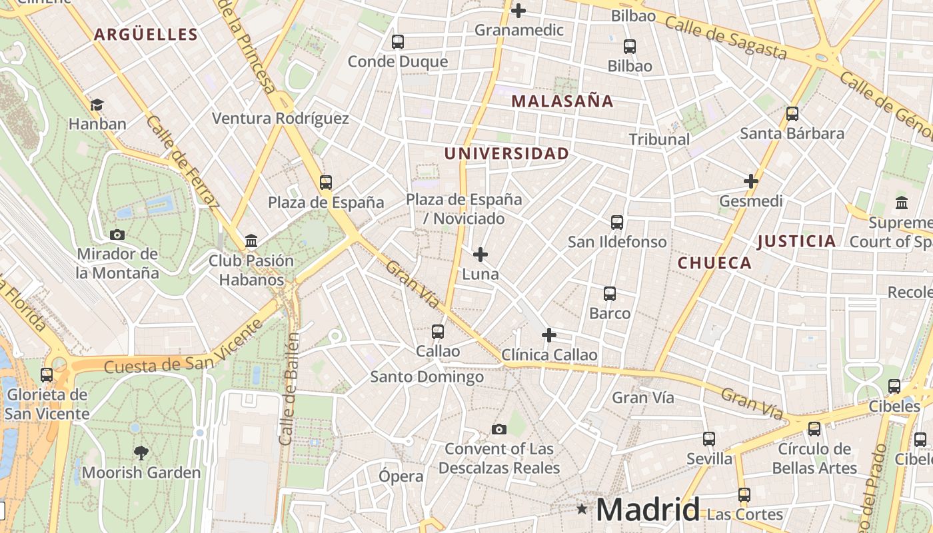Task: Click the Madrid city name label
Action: tap(647, 510)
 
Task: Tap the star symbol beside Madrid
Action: tap(582, 510)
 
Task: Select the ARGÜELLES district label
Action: tap(146, 35)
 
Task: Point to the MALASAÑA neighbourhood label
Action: tap(562, 101)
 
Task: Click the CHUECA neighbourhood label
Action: tap(714, 263)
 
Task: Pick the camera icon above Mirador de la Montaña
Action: tap(117, 235)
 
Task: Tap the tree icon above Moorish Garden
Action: tap(141, 453)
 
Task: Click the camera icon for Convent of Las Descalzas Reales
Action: tap(498, 429)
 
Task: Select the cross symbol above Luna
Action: tap(480, 255)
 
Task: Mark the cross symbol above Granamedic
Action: tap(518, 11)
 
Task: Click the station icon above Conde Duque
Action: tap(398, 42)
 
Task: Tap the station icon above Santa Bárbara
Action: tap(792, 114)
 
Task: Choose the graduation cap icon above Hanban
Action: tap(97, 105)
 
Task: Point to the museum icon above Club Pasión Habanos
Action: tap(251, 241)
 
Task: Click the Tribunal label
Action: tap(659, 139)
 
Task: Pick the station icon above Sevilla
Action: tap(709, 439)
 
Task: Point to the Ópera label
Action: tap(401, 476)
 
